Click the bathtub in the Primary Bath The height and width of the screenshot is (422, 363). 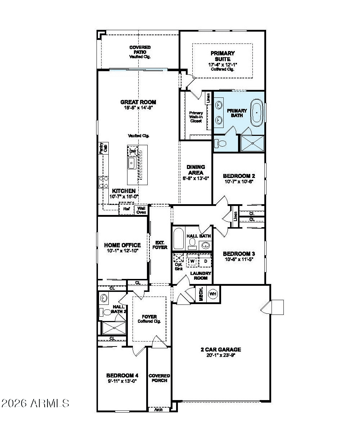pos(256,113)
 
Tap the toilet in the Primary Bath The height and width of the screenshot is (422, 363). pos(220,143)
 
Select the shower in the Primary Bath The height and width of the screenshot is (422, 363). pos(252,143)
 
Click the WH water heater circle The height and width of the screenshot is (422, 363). pos(213,294)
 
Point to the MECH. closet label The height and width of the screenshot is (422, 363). pos(201,294)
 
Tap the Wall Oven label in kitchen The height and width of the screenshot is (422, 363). pos(141,210)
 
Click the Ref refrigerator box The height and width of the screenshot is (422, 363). pos(126,209)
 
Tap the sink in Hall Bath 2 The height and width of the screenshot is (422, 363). pos(104,298)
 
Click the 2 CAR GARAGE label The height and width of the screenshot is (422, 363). pos(221,349)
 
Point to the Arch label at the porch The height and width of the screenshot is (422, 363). pos(158,409)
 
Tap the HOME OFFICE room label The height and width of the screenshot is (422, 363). pos(122,245)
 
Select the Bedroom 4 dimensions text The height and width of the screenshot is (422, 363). pos(122,381)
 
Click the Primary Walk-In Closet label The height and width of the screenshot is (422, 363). pos(196,117)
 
